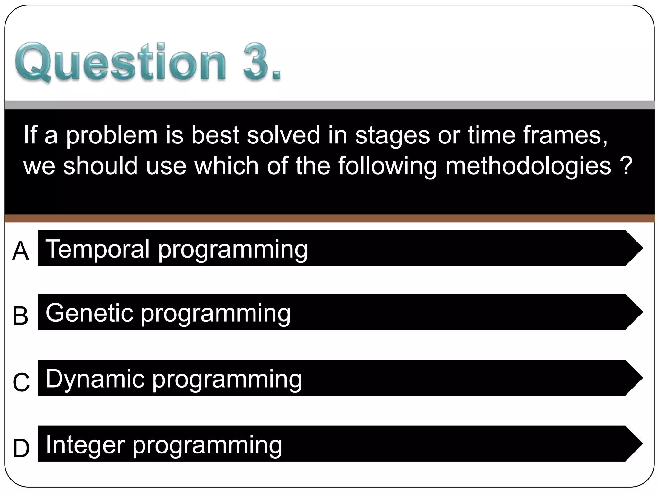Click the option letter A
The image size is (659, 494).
[21, 251]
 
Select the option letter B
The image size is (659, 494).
[21, 316]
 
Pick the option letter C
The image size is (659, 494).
[21, 382]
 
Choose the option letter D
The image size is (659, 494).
[21, 448]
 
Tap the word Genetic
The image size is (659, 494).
[89, 313]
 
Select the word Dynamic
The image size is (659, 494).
[95, 379]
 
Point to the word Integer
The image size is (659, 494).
[85, 445]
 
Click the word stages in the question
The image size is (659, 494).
[392, 136]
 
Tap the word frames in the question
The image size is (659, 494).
[565, 135]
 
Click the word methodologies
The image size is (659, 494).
[528, 166]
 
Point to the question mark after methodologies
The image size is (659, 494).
[626, 166]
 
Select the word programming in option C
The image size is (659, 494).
[227, 380]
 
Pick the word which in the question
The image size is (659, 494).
[227, 166]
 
